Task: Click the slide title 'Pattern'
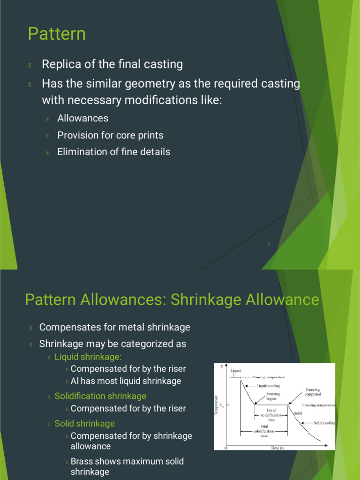tap(57, 34)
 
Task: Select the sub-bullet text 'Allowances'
tap(83, 118)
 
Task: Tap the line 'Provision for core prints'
tap(110, 135)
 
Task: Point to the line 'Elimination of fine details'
tap(114, 151)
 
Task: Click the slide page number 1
tap(269, 243)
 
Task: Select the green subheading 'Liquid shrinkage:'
tap(88, 357)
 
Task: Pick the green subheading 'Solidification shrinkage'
tap(100, 396)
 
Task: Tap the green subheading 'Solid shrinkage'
tap(84, 423)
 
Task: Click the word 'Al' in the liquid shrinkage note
tap(75, 381)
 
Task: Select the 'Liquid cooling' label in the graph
tap(269, 386)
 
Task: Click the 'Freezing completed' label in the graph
tap(313, 392)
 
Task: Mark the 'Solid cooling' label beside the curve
tap(324, 423)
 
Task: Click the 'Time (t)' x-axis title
tap(277, 448)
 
